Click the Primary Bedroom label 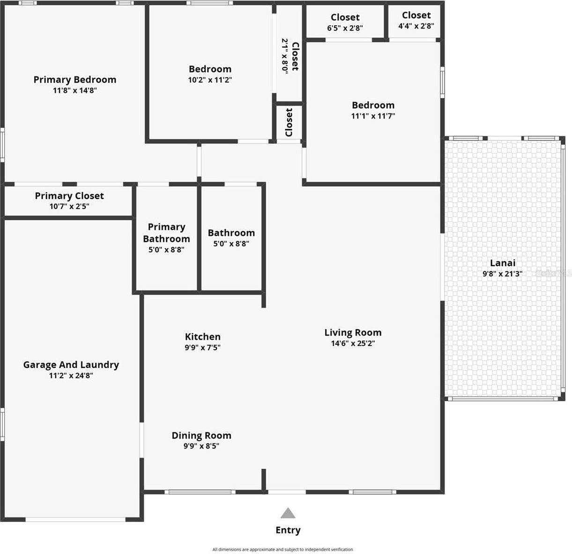click(75, 80)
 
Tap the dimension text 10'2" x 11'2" click(210, 80)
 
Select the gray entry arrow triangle click(288, 513)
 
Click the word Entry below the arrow click(288, 530)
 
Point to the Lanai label click(503, 263)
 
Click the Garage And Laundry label click(71, 365)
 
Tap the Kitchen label click(203, 337)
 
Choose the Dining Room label click(201, 435)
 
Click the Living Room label click(353, 332)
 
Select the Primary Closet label click(69, 196)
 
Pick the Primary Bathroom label click(166, 232)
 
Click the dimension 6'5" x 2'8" click(345, 28)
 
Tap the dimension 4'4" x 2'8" click(416, 26)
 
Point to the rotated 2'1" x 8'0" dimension click(284, 55)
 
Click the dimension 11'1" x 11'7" click(373, 116)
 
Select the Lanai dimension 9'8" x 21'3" click(502, 274)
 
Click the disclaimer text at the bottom click(282, 549)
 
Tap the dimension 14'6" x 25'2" click(353, 344)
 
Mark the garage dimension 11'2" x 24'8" click(71, 375)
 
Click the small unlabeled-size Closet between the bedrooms click(289, 122)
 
